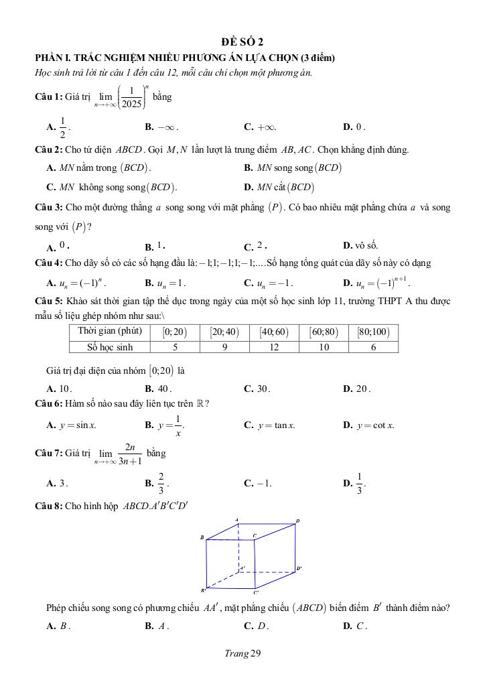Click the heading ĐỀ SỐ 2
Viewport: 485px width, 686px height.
click(x=242, y=42)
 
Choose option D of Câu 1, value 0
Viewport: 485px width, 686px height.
click(x=359, y=126)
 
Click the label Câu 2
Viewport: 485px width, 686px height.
click(x=48, y=149)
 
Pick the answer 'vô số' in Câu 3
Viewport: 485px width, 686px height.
click(x=366, y=246)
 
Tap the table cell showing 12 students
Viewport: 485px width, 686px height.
click(x=279, y=347)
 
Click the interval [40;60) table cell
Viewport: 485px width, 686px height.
click(x=279, y=332)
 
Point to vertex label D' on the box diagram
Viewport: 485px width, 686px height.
click(x=299, y=569)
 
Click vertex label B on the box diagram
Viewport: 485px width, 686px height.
click(x=201, y=538)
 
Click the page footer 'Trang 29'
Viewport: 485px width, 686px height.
click(x=242, y=654)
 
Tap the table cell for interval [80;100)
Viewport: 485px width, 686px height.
click(x=373, y=332)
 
